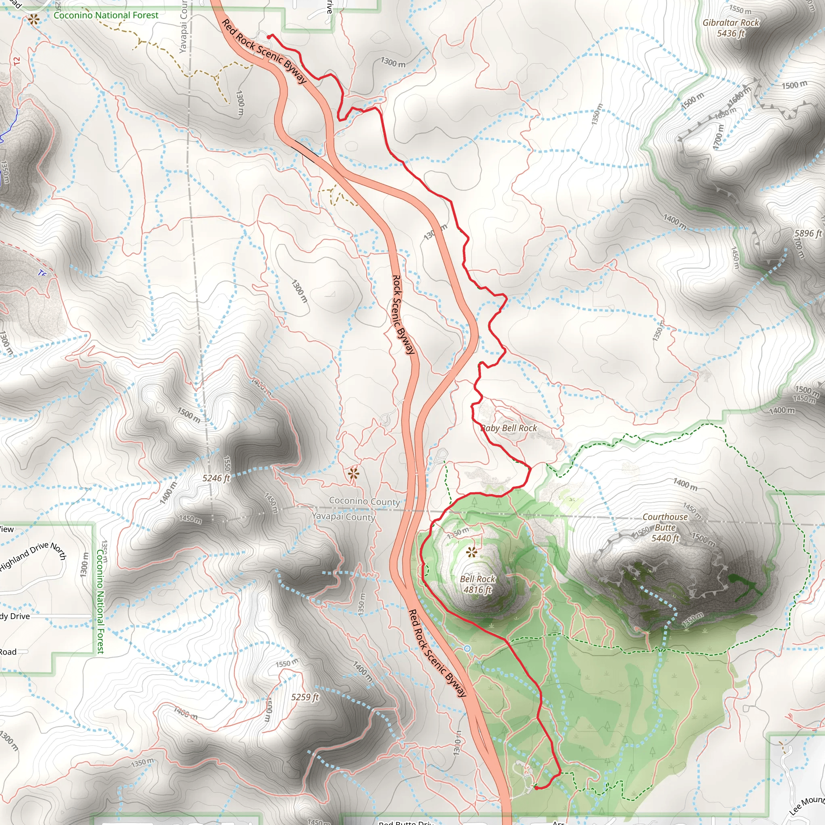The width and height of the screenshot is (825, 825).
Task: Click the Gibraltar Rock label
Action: pyautogui.click(x=731, y=23)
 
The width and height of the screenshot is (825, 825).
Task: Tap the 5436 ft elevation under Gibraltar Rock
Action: pyautogui.click(x=731, y=33)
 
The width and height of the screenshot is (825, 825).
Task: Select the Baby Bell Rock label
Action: pyautogui.click(x=509, y=428)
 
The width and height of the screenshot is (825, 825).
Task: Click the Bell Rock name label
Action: pyautogui.click(x=477, y=579)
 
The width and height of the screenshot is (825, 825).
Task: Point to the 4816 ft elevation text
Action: pyautogui.click(x=477, y=590)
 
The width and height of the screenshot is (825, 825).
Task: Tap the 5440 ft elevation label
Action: pyautogui.click(x=665, y=539)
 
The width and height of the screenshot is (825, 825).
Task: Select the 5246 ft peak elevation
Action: pyautogui.click(x=216, y=478)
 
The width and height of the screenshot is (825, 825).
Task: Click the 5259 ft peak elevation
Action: pyautogui.click(x=305, y=697)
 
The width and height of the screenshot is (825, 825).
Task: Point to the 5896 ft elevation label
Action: pyautogui.click(x=808, y=234)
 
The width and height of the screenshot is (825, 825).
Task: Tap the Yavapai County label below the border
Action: pyautogui.click(x=343, y=517)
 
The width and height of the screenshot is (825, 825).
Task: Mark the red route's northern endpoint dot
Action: pyautogui.click(x=269, y=37)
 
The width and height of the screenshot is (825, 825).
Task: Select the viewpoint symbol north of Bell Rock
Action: pyautogui.click(x=471, y=553)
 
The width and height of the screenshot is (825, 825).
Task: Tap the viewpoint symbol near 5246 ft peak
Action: pyautogui.click(x=353, y=473)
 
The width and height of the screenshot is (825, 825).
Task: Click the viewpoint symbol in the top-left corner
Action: pyautogui.click(x=34, y=19)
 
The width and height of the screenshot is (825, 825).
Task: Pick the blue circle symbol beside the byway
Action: pyautogui.click(x=467, y=649)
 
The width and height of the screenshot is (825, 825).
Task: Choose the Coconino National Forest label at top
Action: pyautogui.click(x=106, y=15)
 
